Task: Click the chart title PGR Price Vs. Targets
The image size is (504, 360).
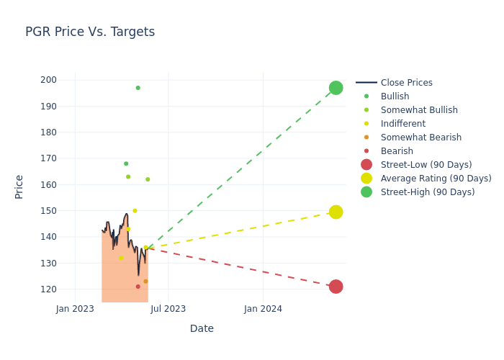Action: tap(90, 32)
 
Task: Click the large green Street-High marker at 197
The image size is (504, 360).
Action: tap(336, 88)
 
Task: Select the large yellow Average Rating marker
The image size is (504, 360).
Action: tap(336, 212)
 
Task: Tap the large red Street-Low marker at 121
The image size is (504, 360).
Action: tap(336, 287)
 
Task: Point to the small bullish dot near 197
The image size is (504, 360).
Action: tap(138, 88)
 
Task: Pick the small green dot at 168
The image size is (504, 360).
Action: tap(126, 163)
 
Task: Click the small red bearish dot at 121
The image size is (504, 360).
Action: tap(138, 287)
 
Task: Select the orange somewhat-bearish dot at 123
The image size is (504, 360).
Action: tap(145, 282)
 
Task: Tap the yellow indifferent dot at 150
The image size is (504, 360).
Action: tap(135, 211)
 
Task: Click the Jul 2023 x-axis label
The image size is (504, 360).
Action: tap(168, 309)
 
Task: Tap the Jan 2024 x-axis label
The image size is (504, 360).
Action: tap(263, 309)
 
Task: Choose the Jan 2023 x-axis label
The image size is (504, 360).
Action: tap(75, 309)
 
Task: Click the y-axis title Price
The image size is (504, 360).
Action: tap(19, 186)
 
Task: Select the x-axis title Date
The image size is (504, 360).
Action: tap(202, 328)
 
